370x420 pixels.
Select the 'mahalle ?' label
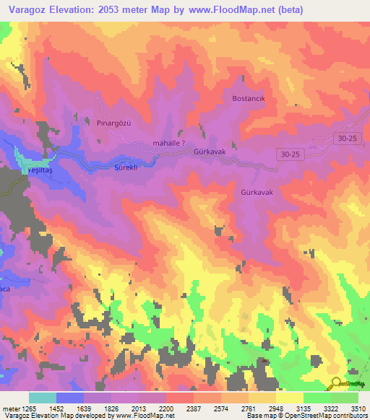pos(174,143)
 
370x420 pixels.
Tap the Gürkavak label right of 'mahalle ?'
pos(210,152)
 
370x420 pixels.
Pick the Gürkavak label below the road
pos(257,193)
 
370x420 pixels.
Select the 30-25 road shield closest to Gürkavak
pos(291,154)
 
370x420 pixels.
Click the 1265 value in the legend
pos(28,408)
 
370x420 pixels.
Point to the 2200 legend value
pos(167,408)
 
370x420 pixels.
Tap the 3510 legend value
pos(358,408)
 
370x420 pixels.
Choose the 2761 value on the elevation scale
pos(249,408)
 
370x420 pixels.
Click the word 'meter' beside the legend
pos(10,408)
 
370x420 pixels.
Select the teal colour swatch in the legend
pos(43,398)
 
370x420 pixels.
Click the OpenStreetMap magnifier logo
pos(337,384)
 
